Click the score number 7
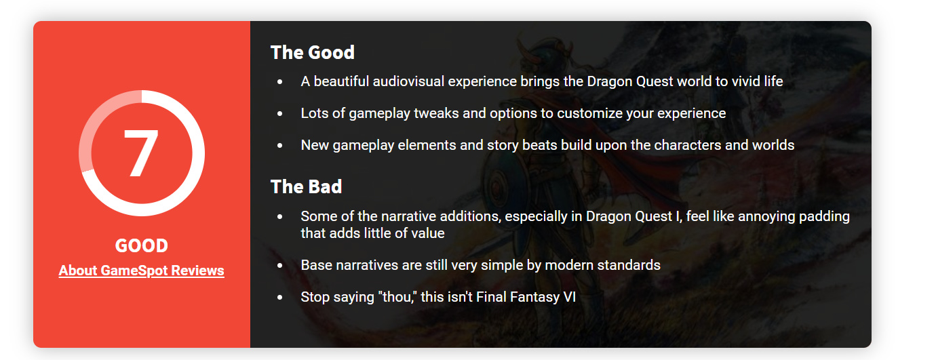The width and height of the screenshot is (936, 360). [141, 153]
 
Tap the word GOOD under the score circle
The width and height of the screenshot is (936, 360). [142, 245]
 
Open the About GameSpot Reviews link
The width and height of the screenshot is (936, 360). [141, 271]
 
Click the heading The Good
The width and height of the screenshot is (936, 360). [313, 53]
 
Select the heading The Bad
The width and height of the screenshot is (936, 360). [307, 186]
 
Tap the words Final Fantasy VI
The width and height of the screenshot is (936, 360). [526, 297]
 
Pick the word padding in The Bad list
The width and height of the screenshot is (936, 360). [824, 216]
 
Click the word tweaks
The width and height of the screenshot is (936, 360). [436, 113]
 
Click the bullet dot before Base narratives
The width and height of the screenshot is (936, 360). [280, 265]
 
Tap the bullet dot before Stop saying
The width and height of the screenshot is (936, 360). [280, 298]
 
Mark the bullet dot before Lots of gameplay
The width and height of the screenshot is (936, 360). [280, 114]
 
